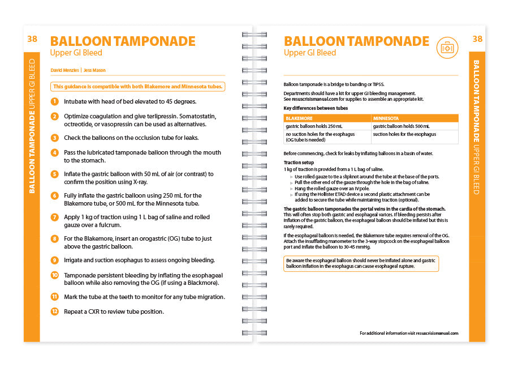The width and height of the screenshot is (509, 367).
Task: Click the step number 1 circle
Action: coord(54,101)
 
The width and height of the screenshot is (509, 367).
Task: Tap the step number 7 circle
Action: coord(54,217)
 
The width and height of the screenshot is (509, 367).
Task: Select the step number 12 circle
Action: coord(54,311)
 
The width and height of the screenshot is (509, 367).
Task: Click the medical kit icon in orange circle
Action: coord(447,48)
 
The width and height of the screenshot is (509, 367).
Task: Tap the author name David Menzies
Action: coord(64,70)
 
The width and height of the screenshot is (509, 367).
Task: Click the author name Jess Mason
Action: coord(94,70)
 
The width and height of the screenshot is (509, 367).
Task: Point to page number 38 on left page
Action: coord(32,39)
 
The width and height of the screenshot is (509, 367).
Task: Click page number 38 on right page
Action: coord(477,39)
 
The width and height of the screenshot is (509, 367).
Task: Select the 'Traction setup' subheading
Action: coord(299,163)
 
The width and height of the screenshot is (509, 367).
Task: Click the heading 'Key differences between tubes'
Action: coord(316,108)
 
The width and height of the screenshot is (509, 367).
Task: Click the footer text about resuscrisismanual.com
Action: coord(408,333)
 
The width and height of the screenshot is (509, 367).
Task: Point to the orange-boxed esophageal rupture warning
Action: coord(361,263)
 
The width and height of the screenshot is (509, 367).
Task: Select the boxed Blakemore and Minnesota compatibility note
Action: coord(138,87)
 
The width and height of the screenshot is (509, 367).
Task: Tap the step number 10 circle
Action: coord(54,275)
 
